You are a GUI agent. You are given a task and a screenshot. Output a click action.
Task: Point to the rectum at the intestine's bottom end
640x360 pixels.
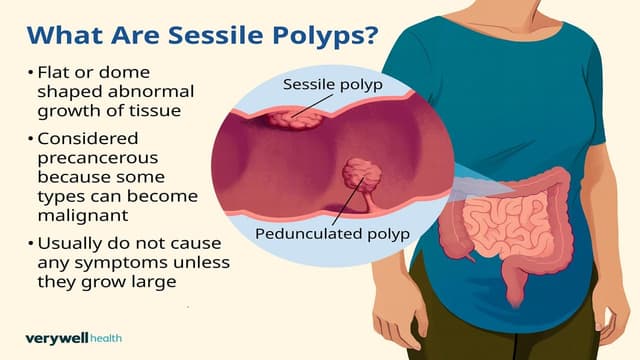[x=515, y=290]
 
